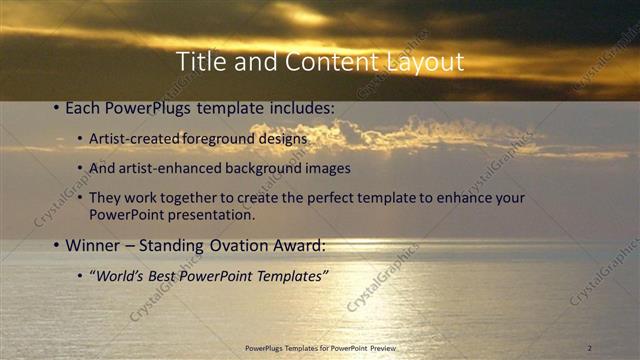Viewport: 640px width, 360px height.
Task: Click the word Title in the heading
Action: coord(198,62)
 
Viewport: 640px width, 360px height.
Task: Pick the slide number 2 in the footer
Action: coord(589,348)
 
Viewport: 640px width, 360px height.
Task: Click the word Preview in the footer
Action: coord(392,348)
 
